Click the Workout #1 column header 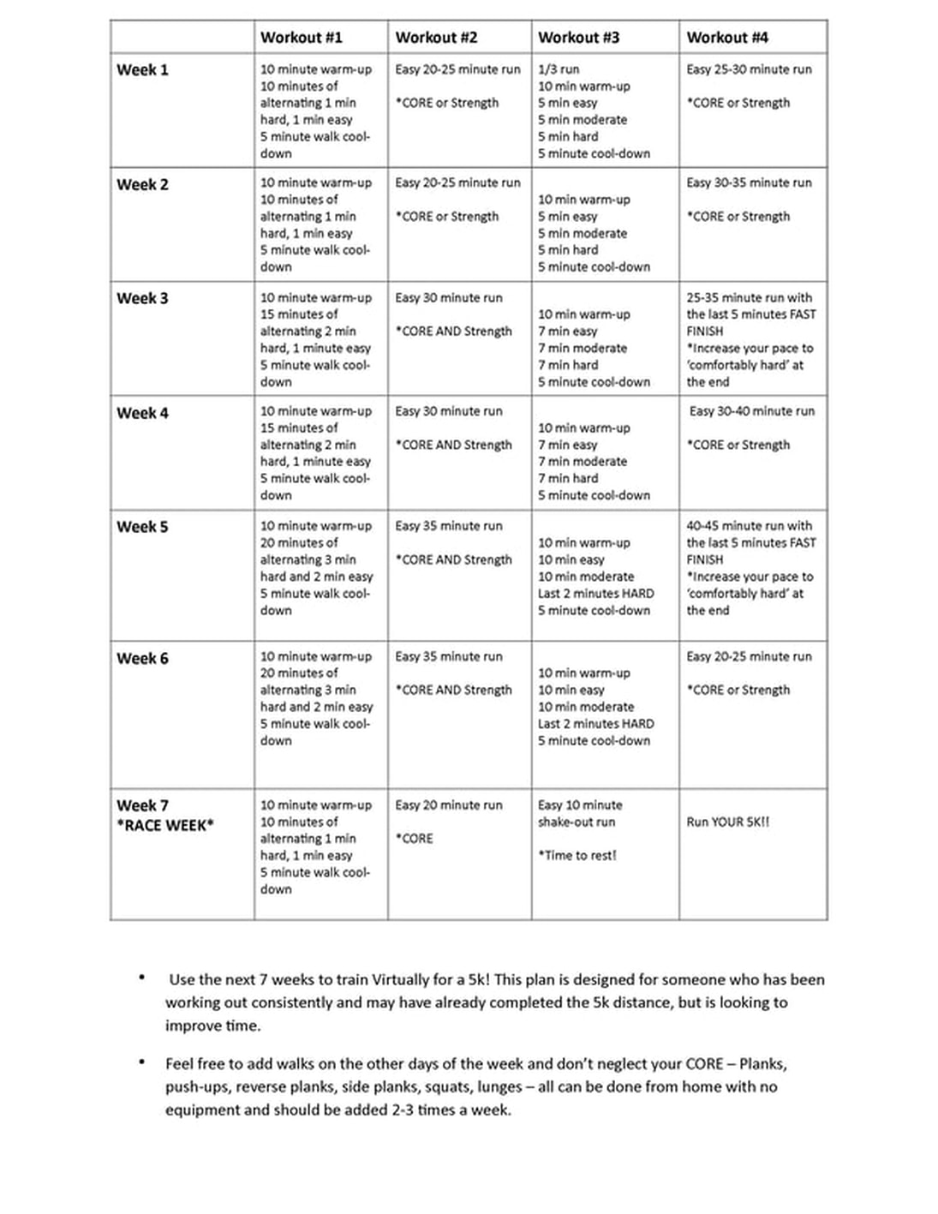[x=301, y=38]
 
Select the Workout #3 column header [x=578, y=38]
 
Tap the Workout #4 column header [x=727, y=38]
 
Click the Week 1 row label [x=142, y=70]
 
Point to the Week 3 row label [x=142, y=299]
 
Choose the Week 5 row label [x=142, y=527]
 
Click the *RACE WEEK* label [x=165, y=826]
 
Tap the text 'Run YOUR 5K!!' [x=727, y=822]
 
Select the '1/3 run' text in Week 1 [x=559, y=69]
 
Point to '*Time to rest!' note [x=577, y=855]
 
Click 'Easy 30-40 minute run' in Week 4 [x=752, y=411]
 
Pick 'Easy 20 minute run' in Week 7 [x=448, y=805]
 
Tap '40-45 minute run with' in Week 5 [x=749, y=526]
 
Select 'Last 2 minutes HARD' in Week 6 [x=595, y=724]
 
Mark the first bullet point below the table [x=141, y=978]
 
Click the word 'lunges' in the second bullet [x=500, y=1086]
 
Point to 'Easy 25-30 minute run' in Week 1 [x=749, y=69]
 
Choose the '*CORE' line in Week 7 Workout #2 [x=414, y=839]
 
